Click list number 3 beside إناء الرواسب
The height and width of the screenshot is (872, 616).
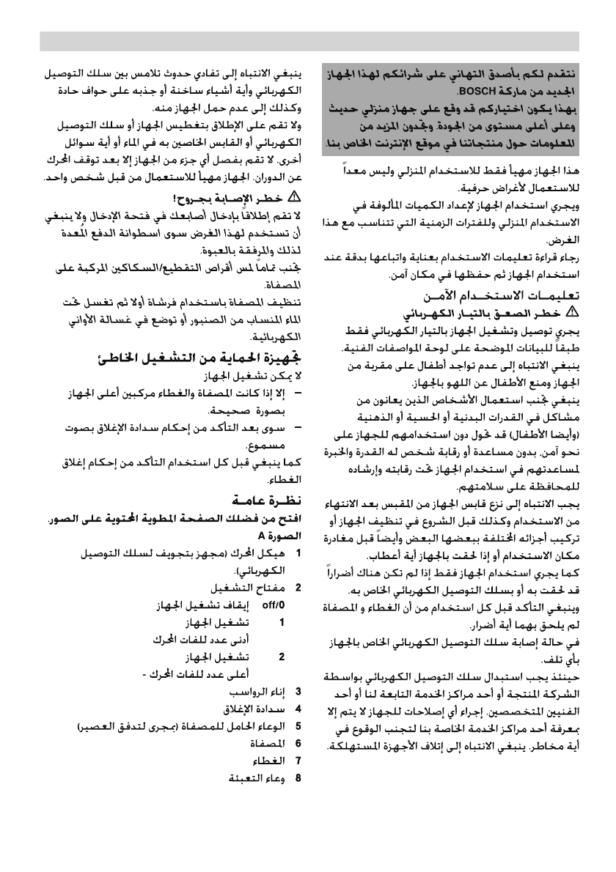pyautogui.click(x=298, y=691)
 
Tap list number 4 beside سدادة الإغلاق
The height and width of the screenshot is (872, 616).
pyautogui.click(x=298, y=709)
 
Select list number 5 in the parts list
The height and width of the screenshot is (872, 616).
pyautogui.click(x=298, y=726)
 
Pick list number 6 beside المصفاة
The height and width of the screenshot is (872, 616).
pyautogui.click(x=298, y=744)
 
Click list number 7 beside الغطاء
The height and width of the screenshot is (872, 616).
pyautogui.click(x=298, y=761)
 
